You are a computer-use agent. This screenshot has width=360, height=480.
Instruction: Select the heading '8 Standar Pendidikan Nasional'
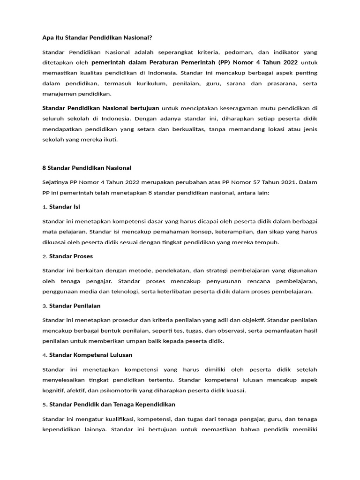point(87,167)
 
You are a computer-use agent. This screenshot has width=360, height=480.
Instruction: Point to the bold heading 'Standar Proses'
point(71,256)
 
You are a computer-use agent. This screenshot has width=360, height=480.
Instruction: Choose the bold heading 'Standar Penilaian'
point(75,306)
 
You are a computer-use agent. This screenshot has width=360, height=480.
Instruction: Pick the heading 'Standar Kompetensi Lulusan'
point(90,355)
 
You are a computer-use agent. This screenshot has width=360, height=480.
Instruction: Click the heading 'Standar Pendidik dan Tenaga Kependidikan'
point(112,404)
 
